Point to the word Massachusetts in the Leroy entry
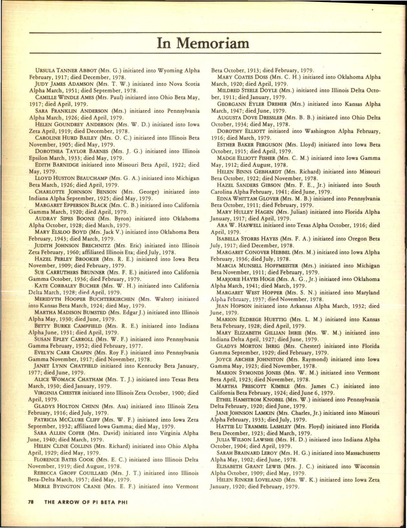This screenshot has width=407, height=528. click(363, 453)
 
